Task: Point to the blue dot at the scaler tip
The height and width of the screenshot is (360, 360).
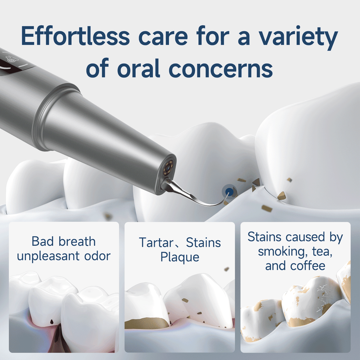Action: click(229, 192)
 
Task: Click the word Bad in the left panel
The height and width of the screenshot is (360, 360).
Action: click(43, 242)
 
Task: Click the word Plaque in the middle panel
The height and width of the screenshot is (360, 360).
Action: click(180, 257)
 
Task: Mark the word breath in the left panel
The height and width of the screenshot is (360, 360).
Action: click(78, 242)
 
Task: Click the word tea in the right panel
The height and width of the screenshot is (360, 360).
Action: click(321, 251)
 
